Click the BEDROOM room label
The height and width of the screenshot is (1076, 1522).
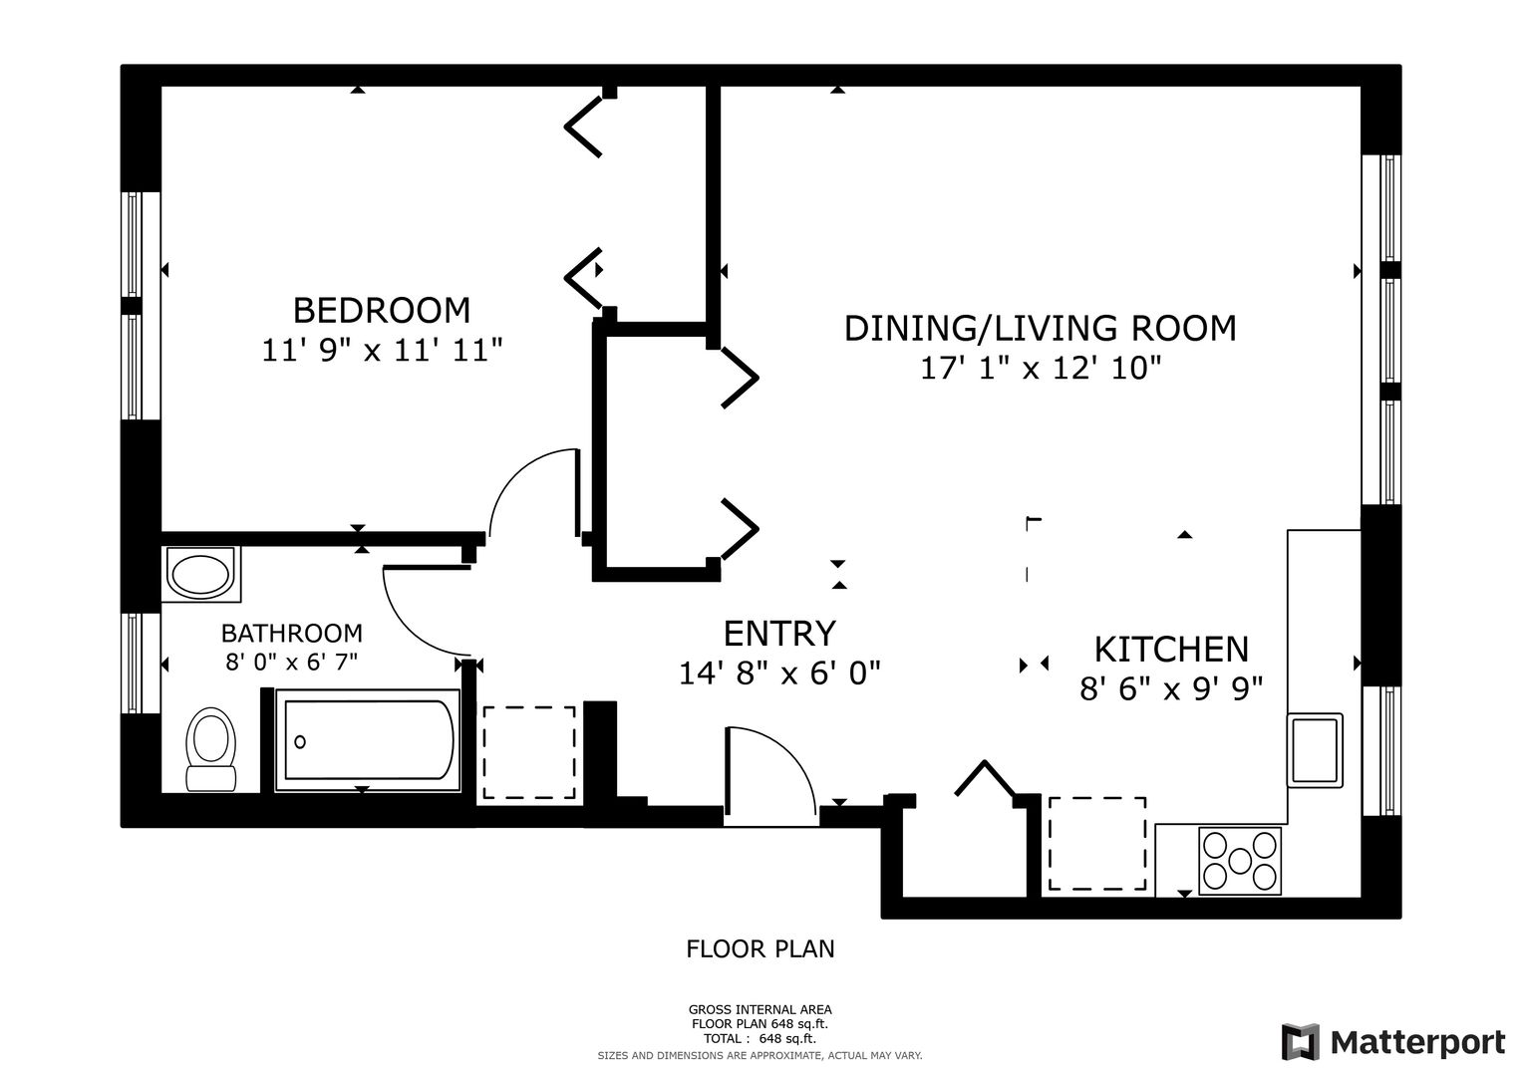(x=381, y=311)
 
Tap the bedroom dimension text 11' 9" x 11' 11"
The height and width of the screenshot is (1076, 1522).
(x=382, y=351)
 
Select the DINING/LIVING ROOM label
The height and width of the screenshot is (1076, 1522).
(x=1040, y=328)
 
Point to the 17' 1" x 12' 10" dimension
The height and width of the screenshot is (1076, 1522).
(x=1041, y=369)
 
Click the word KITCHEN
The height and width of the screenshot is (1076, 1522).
(x=1171, y=650)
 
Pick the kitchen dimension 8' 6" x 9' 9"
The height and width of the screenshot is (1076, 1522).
(x=1171, y=689)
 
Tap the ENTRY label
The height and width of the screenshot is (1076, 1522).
(x=779, y=634)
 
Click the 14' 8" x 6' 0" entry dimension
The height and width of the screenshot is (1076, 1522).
(x=779, y=673)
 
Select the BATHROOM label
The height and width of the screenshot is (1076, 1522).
(x=291, y=633)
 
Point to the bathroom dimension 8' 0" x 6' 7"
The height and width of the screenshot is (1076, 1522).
(x=291, y=662)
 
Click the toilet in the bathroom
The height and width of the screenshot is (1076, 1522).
(x=210, y=749)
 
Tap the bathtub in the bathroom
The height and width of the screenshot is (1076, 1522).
(x=368, y=740)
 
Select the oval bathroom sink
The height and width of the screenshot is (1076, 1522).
(x=200, y=575)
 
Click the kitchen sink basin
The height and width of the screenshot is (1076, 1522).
(x=1315, y=750)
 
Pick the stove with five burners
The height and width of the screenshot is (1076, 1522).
(x=1240, y=861)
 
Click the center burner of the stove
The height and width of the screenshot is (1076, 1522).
(x=1240, y=862)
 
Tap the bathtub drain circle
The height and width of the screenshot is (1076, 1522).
(x=300, y=742)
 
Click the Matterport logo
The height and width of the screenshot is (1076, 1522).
(x=1392, y=1043)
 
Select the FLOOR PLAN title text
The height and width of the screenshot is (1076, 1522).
(x=761, y=948)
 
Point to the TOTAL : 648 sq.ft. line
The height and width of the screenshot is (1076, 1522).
(x=760, y=1038)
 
